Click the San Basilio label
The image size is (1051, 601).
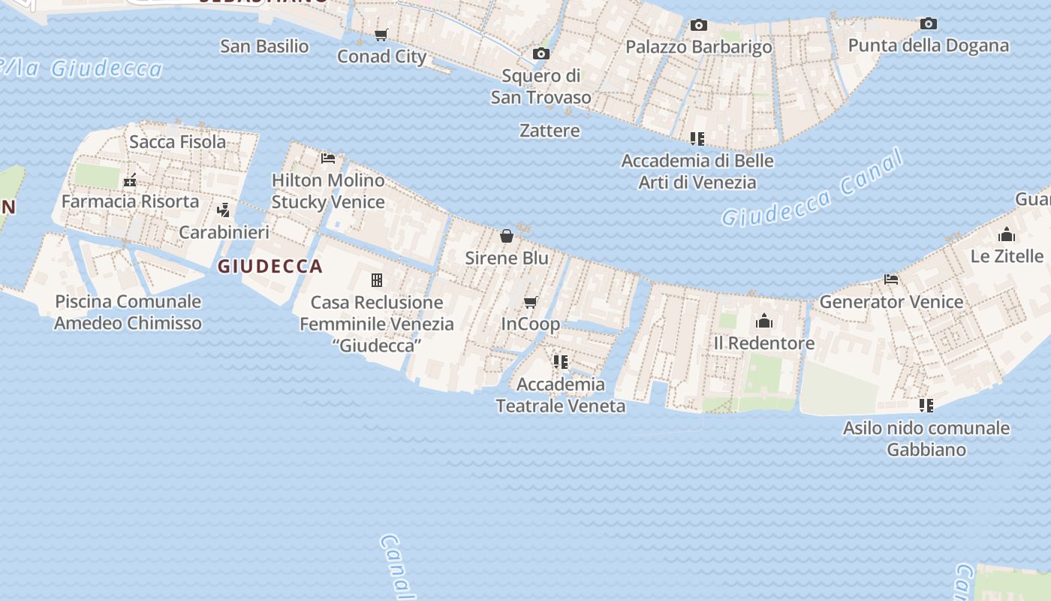(x=264, y=46)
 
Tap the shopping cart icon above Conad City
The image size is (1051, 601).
(x=381, y=35)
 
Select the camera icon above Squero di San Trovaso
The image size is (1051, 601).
(x=541, y=53)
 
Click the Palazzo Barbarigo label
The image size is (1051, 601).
(x=698, y=47)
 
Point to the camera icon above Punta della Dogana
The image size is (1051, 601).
(x=929, y=23)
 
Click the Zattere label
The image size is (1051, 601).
(x=550, y=131)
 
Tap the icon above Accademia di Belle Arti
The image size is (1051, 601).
(x=697, y=139)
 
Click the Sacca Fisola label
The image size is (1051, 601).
(x=177, y=141)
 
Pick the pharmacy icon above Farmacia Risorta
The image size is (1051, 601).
(x=130, y=180)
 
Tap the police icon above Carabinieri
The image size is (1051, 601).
(x=223, y=210)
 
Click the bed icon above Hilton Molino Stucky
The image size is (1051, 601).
(x=328, y=159)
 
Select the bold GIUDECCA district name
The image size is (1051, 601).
(x=270, y=266)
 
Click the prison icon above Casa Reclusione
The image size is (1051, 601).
(x=377, y=280)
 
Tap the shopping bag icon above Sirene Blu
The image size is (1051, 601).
(x=507, y=236)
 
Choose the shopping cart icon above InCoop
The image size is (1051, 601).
(x=531, y=302)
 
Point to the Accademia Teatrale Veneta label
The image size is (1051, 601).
(x=560, y=395)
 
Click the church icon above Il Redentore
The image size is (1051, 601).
(x=764, y=322)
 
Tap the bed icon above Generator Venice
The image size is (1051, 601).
(x=891, y=279)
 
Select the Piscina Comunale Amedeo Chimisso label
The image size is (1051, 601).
(x=128, y=313)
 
